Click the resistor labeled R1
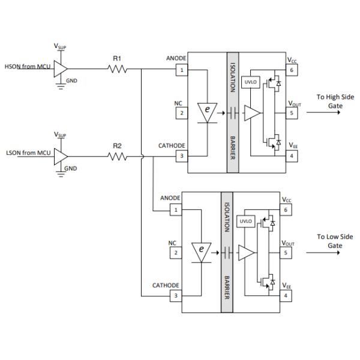coord(118,69)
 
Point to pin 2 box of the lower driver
coord(176,253)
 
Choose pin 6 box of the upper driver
coord(290,70)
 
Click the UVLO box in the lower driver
coord(245,221)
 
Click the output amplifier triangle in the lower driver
coord(247,253)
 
